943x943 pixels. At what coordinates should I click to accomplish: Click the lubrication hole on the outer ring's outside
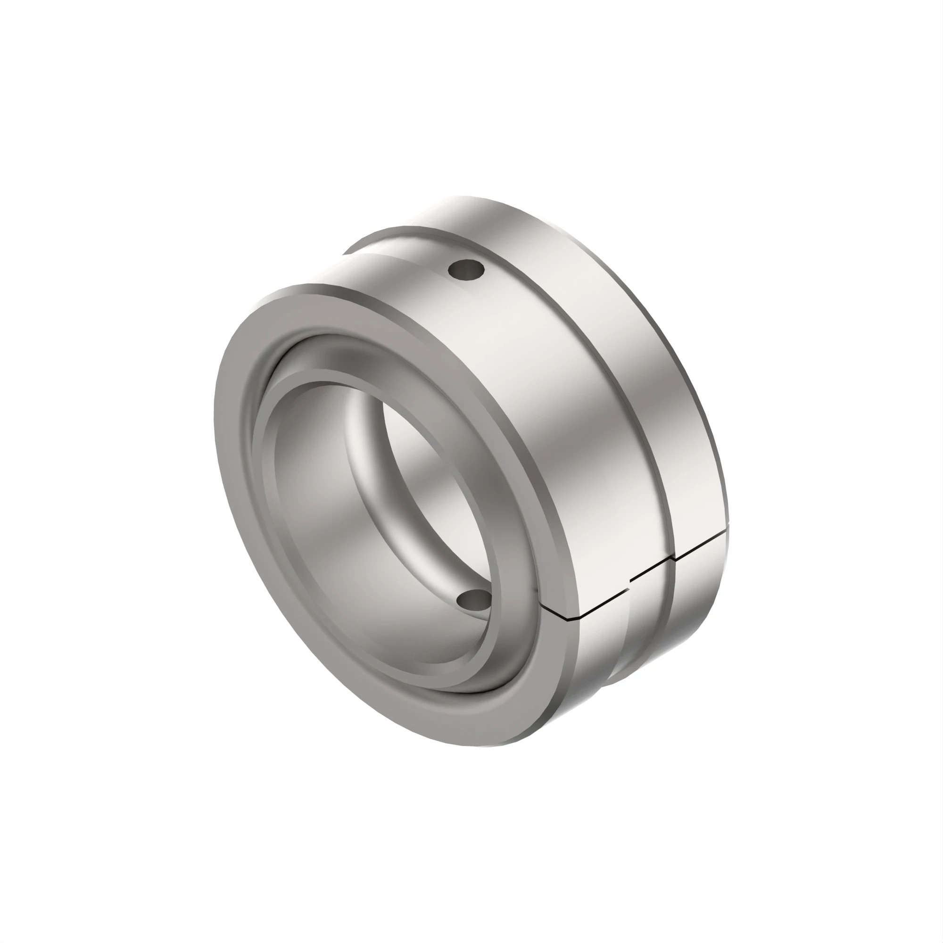tap(466, 269)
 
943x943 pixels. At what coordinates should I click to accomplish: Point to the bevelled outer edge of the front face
tap(561, 683)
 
